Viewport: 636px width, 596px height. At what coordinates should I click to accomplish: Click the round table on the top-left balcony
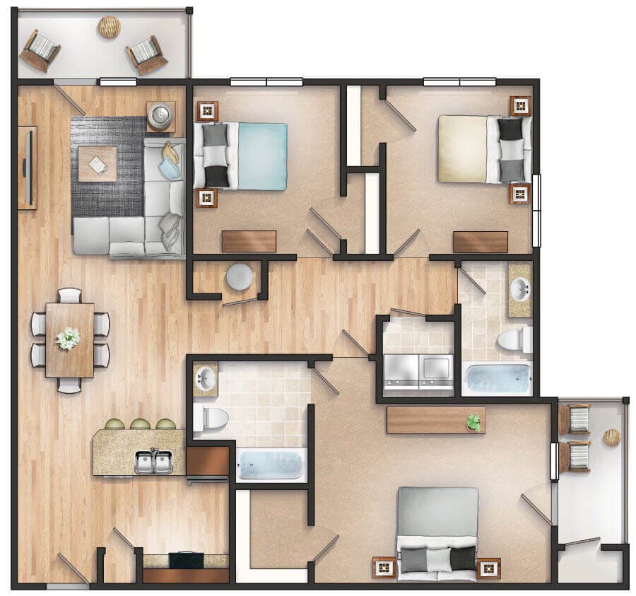109,27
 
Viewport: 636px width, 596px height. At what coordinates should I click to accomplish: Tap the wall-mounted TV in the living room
28,168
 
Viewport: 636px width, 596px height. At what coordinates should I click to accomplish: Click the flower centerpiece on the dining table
69,338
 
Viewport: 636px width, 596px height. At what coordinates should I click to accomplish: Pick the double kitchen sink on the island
154,462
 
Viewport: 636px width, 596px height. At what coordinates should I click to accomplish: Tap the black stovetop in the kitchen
186,560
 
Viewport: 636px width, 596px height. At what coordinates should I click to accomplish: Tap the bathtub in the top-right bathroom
497,379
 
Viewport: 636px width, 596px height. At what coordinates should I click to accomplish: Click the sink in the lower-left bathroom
205,380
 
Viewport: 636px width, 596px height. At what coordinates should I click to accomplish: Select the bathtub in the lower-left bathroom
271,464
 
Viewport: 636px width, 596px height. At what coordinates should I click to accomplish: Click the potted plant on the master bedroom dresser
473,422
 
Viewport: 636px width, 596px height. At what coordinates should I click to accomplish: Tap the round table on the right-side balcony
611,438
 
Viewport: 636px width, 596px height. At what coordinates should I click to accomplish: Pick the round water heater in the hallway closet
240,276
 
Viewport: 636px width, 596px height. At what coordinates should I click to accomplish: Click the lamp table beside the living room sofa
161,115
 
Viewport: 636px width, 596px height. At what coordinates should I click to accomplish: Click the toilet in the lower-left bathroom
211,418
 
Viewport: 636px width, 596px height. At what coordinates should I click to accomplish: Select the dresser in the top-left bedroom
249,241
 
